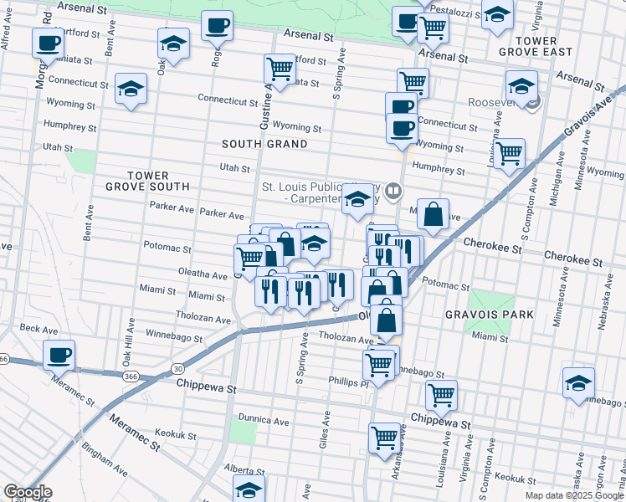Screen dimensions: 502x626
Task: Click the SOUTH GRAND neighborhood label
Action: click(x=264, y=144)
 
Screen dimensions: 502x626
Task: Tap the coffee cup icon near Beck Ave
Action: click(x=59, y=355)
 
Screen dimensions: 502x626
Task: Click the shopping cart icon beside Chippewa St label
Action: click(x=440, y=395)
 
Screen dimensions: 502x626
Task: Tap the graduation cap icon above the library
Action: click(x=357, y=200)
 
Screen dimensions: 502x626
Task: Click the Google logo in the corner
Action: click(x=28, y=492)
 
